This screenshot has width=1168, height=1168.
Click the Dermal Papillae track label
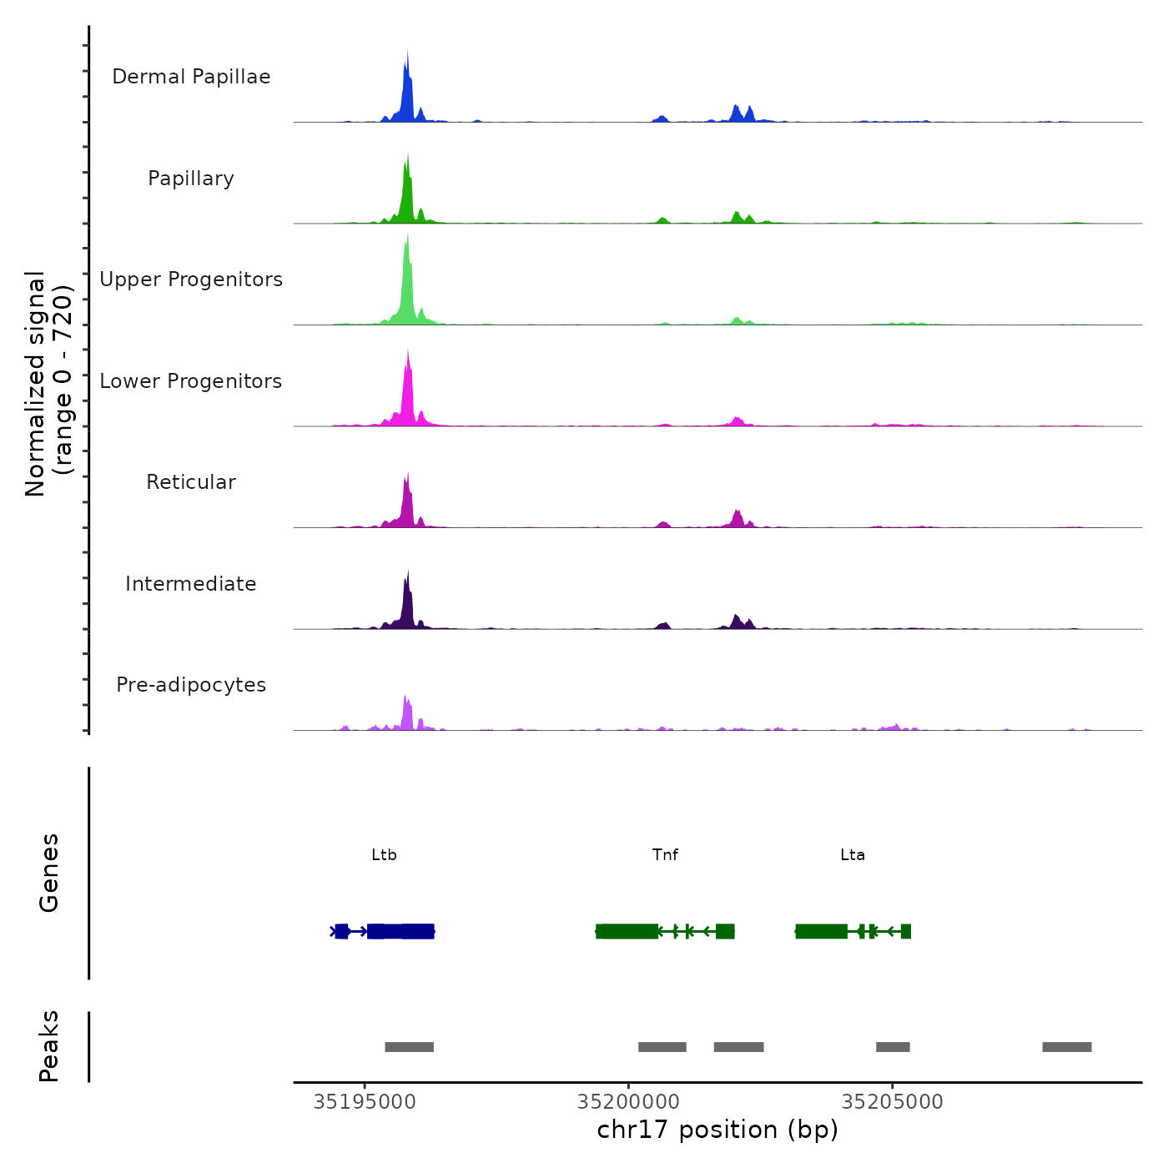pos(191,77)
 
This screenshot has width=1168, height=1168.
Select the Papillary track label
pos(191,179)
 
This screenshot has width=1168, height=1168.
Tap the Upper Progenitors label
pos(191,279)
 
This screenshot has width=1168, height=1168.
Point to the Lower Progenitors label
pos(191,381)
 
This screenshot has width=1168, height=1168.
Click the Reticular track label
pos(191,482)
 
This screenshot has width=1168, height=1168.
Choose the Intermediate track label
pos(191,584)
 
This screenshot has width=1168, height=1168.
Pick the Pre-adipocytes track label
pos(191,685)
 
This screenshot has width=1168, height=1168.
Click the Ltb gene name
pos(384,855)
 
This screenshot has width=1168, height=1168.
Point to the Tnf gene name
pos(665,855)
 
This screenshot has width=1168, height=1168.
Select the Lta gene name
pos(853,855)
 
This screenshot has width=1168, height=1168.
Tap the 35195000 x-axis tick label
pos(365,1102)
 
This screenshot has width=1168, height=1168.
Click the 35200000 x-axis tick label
pos(628,1102)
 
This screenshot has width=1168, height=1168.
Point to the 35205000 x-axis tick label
pos(892,1102)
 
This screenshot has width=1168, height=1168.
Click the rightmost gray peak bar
pos(1066,1047)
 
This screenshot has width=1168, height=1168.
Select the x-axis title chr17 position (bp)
pos(717,1130)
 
